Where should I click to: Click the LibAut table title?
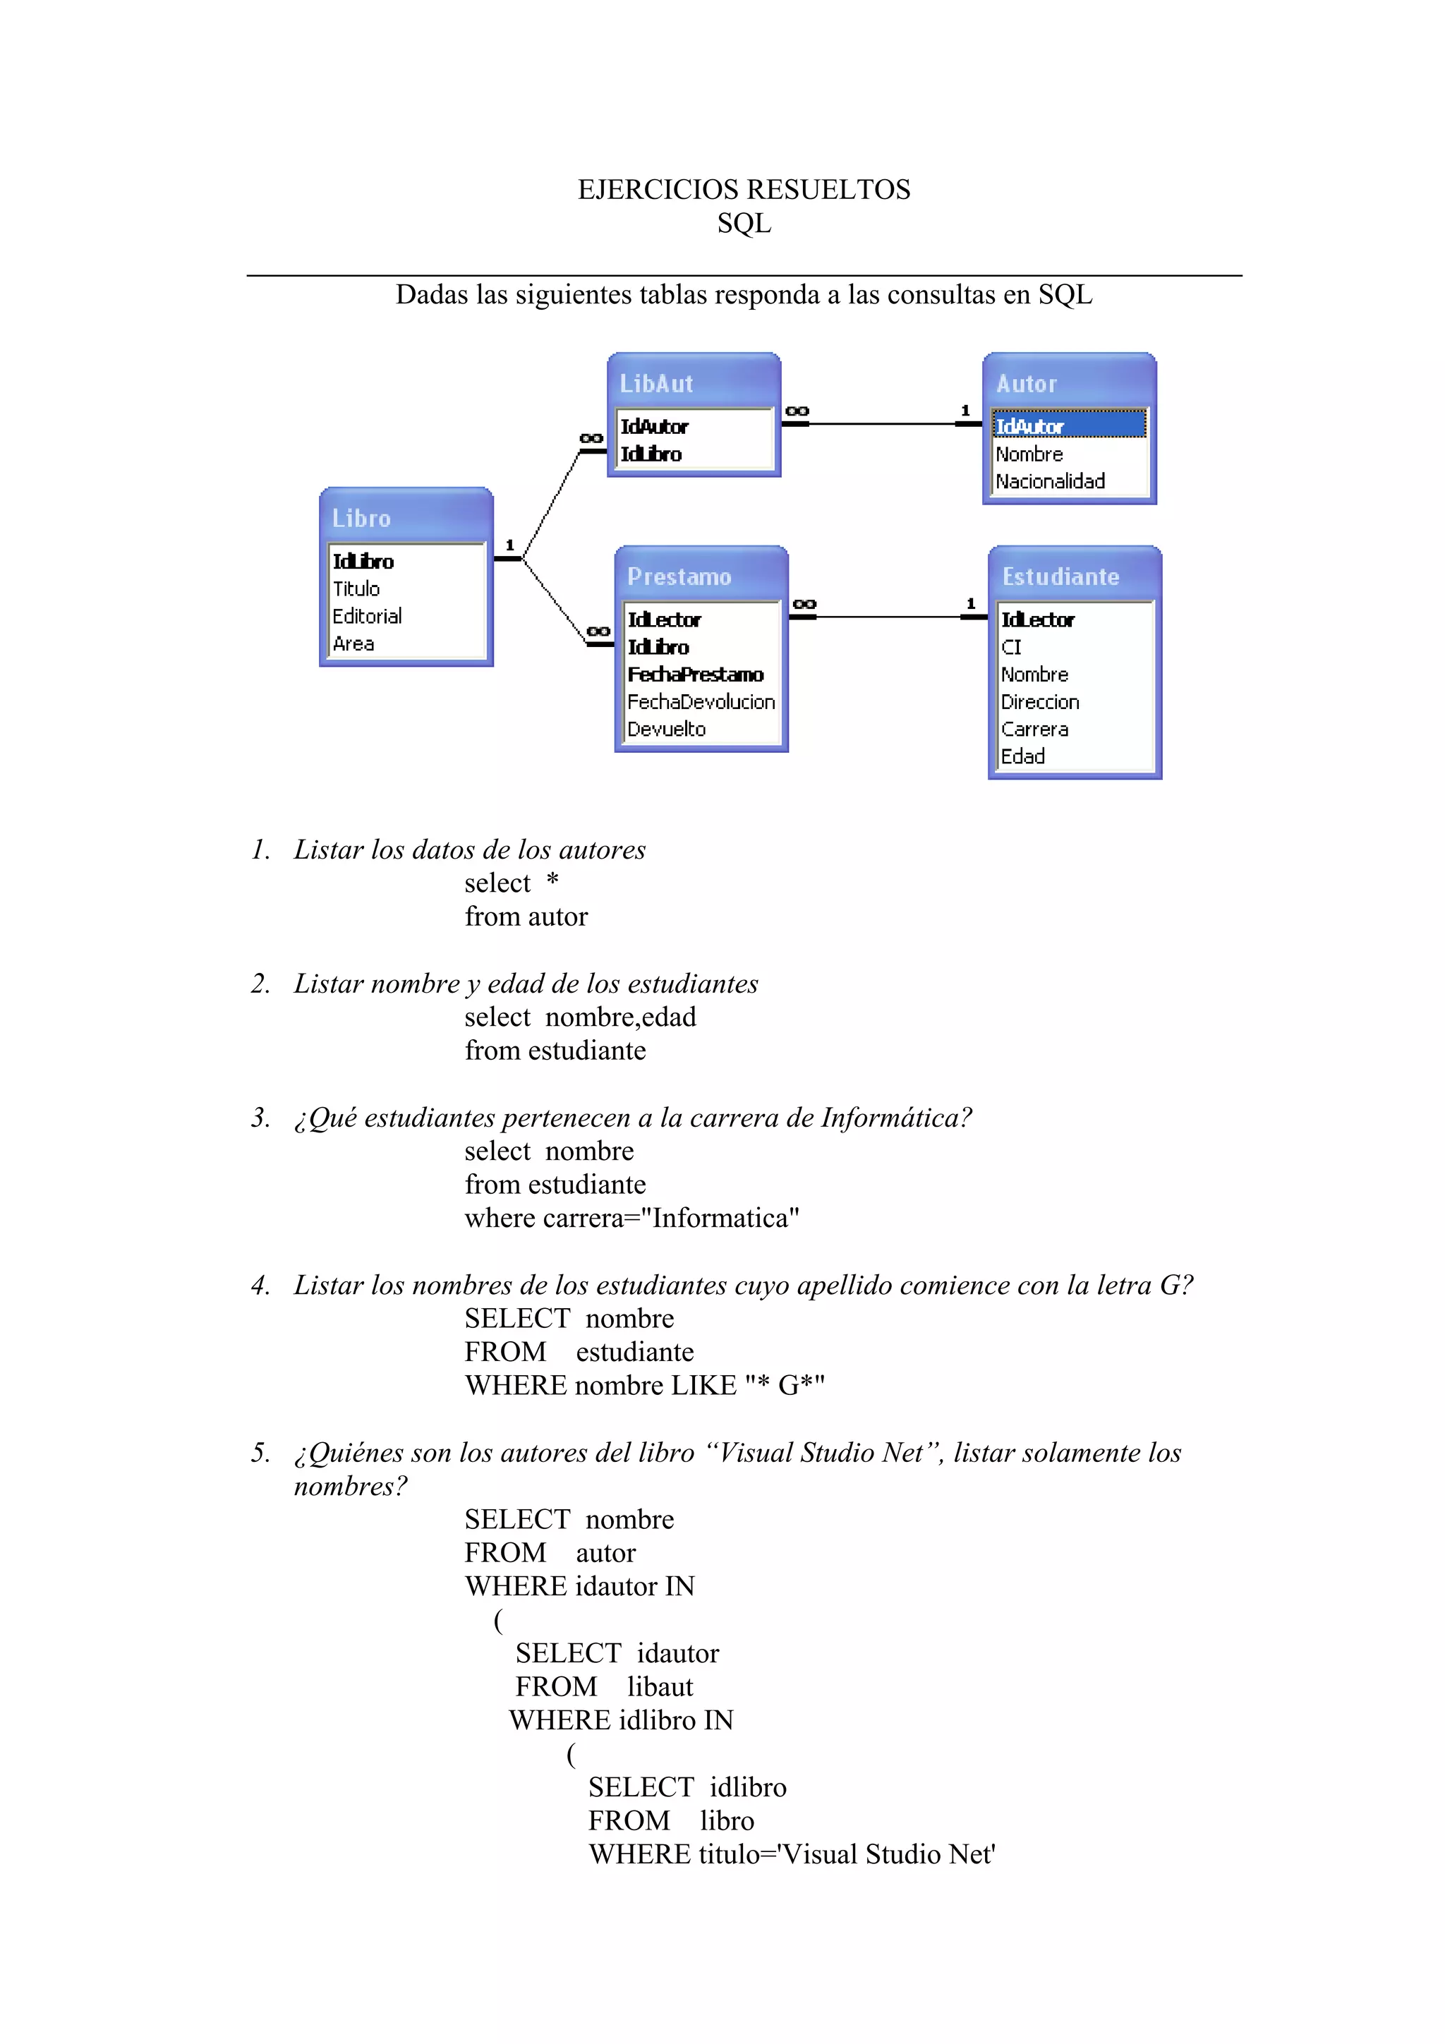tap(656, 384)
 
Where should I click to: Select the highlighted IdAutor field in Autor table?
tap(1029, 426)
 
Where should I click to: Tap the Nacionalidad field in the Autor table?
tap(1050, 482)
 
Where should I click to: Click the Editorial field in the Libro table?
tap(367, 616)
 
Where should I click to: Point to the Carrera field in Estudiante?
tap(1034, 729)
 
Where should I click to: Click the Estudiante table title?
tap(1060, 577)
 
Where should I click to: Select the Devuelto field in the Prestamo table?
tap(666, 729)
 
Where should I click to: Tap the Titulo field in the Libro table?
tap(356, 588)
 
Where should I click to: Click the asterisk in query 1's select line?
tap(552, 881)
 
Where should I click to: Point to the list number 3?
tap(260, 1118)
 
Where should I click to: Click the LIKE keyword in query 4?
tap(703, 1385)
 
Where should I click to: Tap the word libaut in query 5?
tap(660, 1686)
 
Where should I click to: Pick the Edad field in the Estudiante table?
tap(1022, 756)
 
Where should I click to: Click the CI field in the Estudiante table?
tap(1011, 647)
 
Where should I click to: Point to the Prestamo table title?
tap(679, 577)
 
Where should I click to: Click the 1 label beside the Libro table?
tap(510, 545)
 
